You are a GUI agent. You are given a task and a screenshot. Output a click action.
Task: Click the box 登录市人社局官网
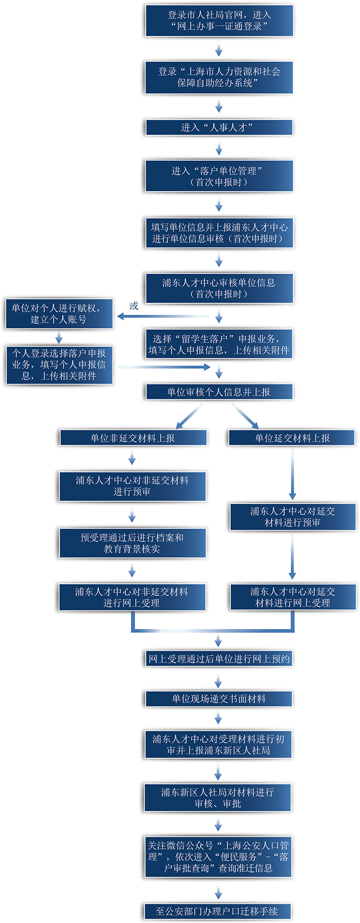(219, 21)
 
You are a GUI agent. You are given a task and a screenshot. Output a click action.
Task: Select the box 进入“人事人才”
(219, 127)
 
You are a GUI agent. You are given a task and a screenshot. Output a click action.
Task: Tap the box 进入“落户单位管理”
(219, 176)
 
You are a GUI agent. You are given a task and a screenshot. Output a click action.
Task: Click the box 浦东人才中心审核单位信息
(219, 288)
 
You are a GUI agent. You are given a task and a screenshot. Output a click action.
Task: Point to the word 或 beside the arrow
(134, 306)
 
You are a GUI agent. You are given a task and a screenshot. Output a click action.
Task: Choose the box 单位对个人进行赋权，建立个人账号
(59, 314)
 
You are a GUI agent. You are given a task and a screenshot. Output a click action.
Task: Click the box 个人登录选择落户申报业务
(59, 364)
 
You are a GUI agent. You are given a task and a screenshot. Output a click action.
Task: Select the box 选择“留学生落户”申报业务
(219, 344)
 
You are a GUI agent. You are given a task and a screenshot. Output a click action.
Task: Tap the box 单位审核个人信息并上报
(219, 392)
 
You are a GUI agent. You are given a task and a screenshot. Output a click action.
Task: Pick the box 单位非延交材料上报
(133, 437)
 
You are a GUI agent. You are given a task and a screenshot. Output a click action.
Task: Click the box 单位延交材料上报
(292, 437)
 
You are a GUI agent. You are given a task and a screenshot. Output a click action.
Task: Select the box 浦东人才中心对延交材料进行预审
(292, 517)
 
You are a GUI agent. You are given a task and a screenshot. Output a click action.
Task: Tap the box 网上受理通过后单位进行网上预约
(219, 658)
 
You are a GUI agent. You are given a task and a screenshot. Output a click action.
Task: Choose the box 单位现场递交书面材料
(219, 698)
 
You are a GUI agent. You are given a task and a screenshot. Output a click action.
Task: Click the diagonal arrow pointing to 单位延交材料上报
(245, 416)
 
